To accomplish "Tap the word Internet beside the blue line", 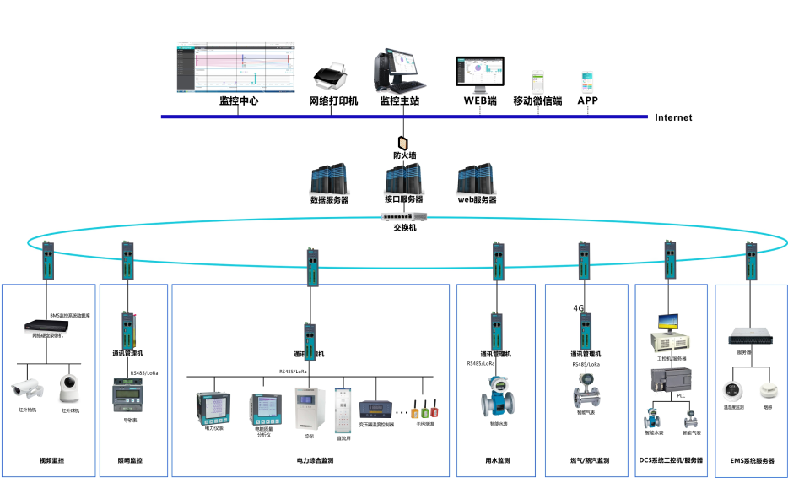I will pyautogui.click(x=673, y=117).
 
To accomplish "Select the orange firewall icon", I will pyautogui.click(x=403, y=142).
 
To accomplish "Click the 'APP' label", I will pyautogui.click(x=587, y=100).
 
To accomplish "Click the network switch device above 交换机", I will pyautogui.click(x=404, y=217).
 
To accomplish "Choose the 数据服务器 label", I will pyautogui.click(x=329, y=200).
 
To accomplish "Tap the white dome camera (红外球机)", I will pyautogui.click(x=70, y=389).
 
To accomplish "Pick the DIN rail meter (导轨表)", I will pyautogui.click(x=127, y=394).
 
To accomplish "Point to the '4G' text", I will pyautogui.click(x=578, y=308).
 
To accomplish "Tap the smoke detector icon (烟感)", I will pyautogui.click(x=767, y=391).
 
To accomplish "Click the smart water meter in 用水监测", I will pyautogui.click(x=498, y=394).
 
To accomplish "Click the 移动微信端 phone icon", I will pyautogui.click(x=537, y=82).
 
